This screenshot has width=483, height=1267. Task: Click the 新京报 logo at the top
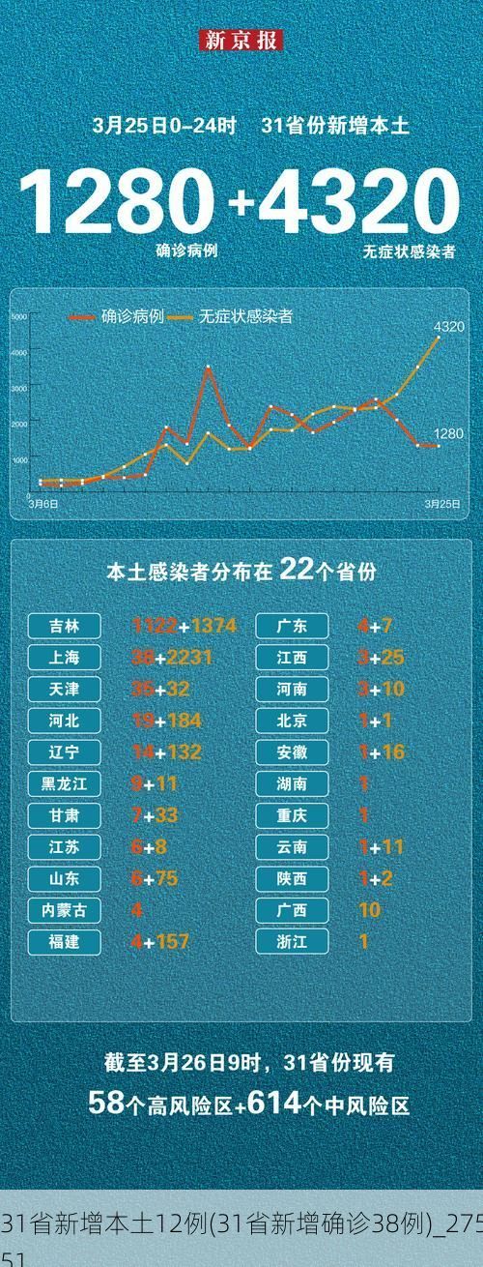pos(241,41)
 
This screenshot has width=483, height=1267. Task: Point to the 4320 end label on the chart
pos(448,327)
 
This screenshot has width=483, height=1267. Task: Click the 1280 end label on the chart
pos(448,433)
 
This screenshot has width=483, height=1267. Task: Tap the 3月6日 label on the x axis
pos(43,504)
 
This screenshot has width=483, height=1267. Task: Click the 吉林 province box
pos(66,626)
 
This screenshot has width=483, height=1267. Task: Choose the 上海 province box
pos(66,658)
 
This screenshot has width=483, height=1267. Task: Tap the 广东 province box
pos(292,626)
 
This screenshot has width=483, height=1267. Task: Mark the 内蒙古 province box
pos(66,910)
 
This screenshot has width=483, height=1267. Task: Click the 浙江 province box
pos(292,941)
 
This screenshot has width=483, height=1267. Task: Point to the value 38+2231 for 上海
pos(172,658)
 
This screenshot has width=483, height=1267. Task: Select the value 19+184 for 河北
pos(166,721)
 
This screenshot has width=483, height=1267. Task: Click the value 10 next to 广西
pos(369,910)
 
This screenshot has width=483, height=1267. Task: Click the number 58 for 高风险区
pos(103,1104)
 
